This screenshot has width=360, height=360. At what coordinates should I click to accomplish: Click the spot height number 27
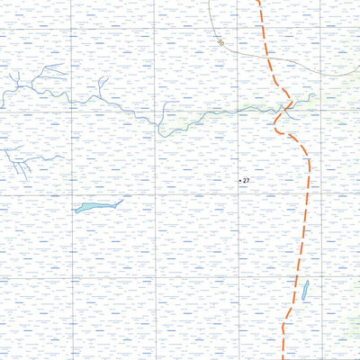coord(246,181)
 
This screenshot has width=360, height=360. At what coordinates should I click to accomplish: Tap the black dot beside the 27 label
coord(239,181)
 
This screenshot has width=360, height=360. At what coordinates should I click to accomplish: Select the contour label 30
coord(220,40)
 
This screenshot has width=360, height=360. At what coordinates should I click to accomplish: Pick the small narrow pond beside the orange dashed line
coord(304,291)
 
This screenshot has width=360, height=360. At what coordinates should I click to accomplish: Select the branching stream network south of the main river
coord(22,160)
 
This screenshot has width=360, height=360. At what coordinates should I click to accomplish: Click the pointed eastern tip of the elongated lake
coord(123,200)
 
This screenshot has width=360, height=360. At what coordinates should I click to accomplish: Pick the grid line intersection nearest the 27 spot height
coord(238,193)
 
